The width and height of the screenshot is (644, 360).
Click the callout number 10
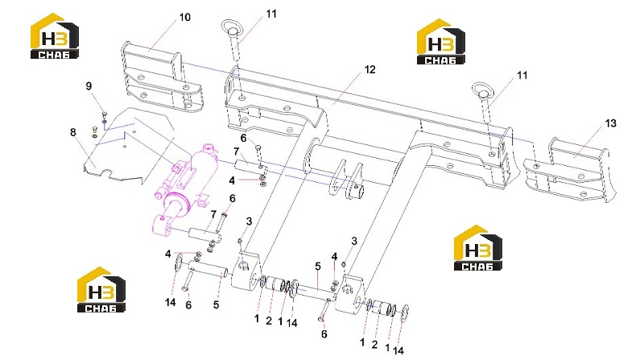[x=185, y=17]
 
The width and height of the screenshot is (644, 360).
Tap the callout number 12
[x=369, y=70]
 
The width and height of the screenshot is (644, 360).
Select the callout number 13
[x=610, y=123]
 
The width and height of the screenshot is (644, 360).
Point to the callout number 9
[x=89, y=86]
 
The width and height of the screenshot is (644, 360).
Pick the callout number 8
[x=73, y=132]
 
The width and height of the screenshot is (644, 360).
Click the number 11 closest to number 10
[x=271, y=14]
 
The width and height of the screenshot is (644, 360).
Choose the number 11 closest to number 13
[x=522, y=76]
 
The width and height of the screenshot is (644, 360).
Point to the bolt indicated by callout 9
[x=104, y=116]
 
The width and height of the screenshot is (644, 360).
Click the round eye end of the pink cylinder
[x=162, y=226]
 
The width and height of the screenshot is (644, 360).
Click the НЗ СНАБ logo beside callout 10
[x=54, y=36]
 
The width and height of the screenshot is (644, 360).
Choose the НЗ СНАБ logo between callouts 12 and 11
[x=440, y=42]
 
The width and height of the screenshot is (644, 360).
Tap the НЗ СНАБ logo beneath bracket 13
[x=477, y=248]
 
